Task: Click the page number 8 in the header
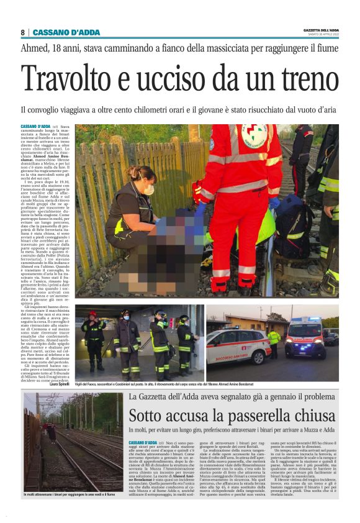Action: (23, 32)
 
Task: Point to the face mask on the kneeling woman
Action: (149, 189)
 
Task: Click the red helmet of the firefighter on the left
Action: (92, 314)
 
